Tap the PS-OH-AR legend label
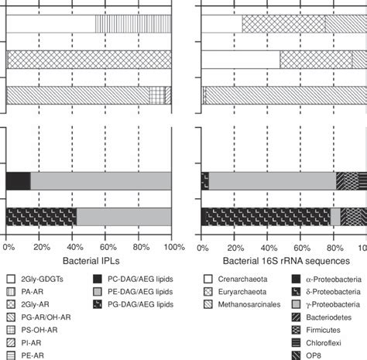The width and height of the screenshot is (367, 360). point(44,329)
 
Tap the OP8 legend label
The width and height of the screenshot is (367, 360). point(320,355)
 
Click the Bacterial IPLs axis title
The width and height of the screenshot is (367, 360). point(90,261)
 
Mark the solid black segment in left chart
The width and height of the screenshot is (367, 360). point(18,180)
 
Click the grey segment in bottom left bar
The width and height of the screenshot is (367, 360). point(123,217)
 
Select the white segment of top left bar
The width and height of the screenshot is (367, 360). point(50,23)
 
